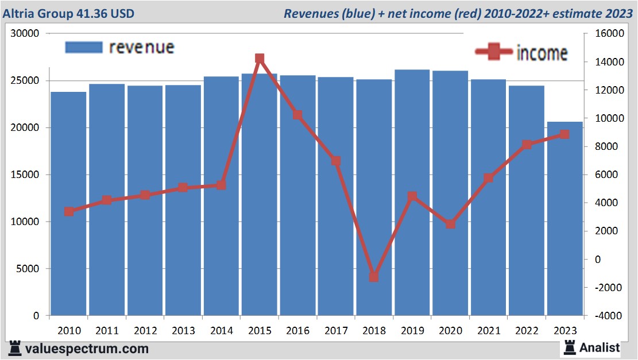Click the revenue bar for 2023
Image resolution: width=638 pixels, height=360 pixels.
[564, 218]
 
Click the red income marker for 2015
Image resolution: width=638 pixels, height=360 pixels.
[260, 59]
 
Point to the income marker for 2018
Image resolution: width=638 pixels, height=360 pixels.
[374, 277]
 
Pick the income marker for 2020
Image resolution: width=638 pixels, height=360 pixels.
[450, 224]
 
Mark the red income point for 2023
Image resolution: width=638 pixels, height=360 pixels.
[564, 134]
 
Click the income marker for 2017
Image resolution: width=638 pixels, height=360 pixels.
[336, 161]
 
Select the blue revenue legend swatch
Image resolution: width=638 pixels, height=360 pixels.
[84, 47]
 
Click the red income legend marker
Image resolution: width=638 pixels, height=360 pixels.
[494, 52]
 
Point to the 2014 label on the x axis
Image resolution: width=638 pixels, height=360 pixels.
[221, 331]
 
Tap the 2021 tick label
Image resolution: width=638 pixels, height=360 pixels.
[488, 331]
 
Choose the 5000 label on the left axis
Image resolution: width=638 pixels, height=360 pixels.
[28, 269]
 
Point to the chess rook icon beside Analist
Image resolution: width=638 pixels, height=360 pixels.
[570, 347]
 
